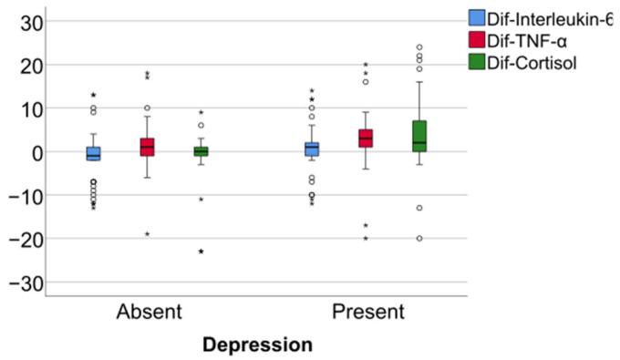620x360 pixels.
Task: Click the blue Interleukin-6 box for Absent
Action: point(93,153)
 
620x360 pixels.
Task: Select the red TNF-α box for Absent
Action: point(147,147)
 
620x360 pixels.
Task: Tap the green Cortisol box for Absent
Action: point(201,151)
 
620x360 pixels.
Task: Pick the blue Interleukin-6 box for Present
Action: point(312,149)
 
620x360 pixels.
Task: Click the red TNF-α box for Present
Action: point(366,139)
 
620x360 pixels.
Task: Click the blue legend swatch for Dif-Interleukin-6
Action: point(477,17)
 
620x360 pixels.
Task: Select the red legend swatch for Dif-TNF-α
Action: point(477,40)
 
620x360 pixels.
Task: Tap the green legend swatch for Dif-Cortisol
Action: point(477,63)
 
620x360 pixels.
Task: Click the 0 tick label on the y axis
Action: point(34,152)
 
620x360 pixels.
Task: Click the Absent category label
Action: point(149,312)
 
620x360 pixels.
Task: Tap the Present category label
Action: point(367,312)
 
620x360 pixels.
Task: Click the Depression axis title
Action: point(257,345)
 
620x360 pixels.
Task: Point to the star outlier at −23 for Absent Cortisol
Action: point(201,252)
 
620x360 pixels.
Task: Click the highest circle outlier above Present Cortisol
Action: point(419,47)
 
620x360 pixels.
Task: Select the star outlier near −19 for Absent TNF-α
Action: point(147,234)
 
